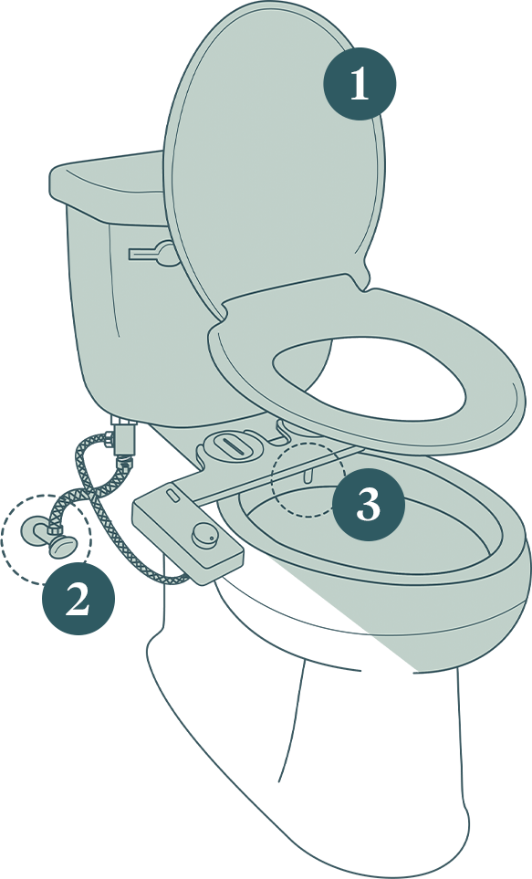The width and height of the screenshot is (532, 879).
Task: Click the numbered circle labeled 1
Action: pyautogui.click(x=360, y=84)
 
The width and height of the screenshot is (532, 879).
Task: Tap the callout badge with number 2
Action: pyautogui.click(x=78, y=600)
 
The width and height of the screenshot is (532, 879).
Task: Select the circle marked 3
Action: pyautogui.click(x=369, y=505)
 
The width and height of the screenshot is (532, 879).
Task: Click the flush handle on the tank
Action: pyautogui.click(x=152, y=254)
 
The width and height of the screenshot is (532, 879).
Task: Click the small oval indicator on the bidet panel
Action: pyautogui.click(x=172, y=495)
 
